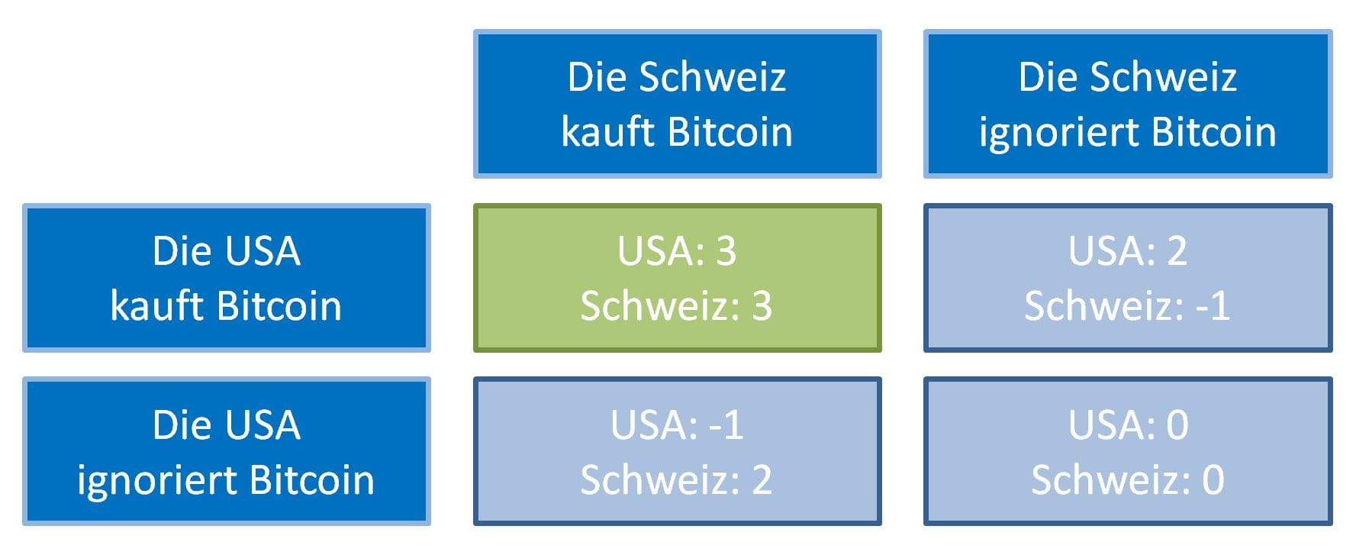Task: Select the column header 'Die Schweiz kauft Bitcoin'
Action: [x=677, y=104]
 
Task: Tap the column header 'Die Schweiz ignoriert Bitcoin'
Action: [x=1127, y=104]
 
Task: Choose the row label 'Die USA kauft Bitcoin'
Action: [x=227, y=278]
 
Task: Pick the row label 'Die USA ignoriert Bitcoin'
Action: [x=227, y=451]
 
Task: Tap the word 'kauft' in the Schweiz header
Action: [x=609, y=132]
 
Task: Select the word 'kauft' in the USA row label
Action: [x=158, y=306]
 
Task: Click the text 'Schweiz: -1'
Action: [x=1127, y=306]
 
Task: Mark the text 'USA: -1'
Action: [x=677, y=425]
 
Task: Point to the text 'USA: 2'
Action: [x=1127, y=251]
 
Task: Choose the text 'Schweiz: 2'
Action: [x=677, y=480]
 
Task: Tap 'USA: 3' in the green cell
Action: [x=677, y=251]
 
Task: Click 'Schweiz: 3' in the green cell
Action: [x=677, y=306]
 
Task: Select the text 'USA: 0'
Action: [x=1127, y=425]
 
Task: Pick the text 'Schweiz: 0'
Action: [x=1127, y=480]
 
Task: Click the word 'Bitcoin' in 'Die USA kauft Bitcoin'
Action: [x=279, y=306]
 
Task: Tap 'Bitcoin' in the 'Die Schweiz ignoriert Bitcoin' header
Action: [x=1214, y=132]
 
